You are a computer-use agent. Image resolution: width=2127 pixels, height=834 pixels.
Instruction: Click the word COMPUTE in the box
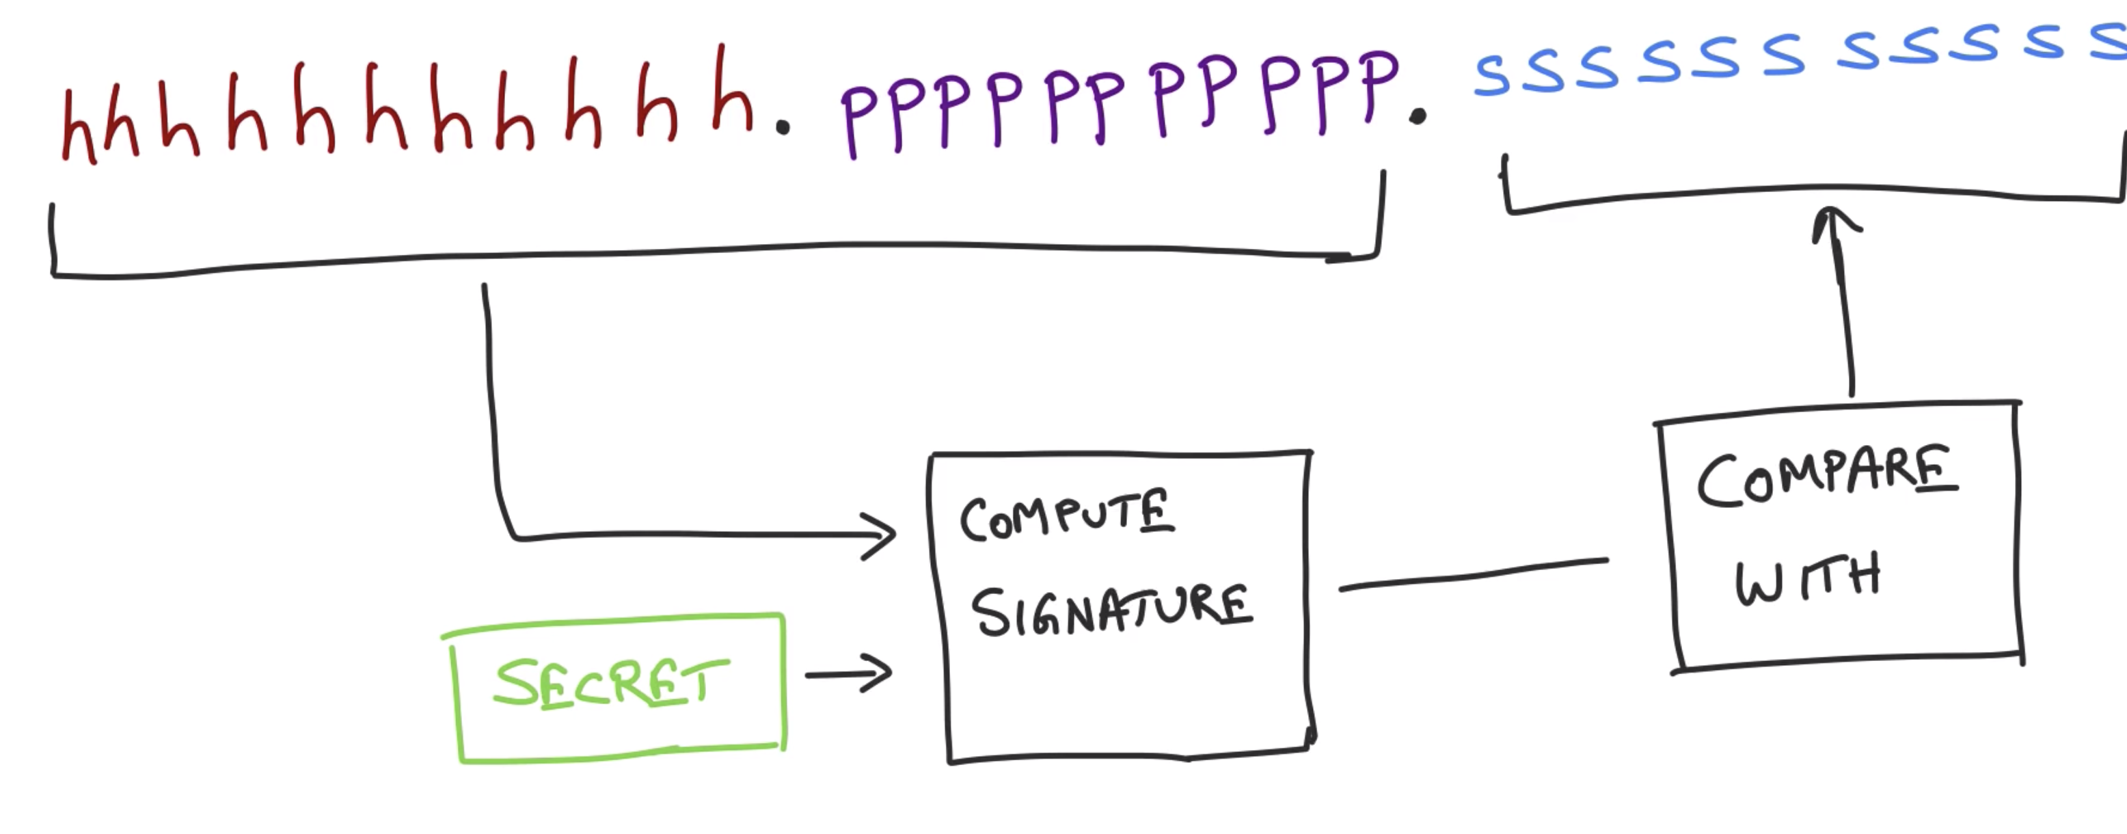pos(1065,516)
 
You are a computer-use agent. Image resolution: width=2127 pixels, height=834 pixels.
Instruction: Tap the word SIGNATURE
pos(1111,611)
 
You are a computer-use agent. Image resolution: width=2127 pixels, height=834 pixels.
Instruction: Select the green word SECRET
pos(611,684)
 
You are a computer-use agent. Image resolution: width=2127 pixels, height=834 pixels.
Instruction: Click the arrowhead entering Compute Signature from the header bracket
pos(880,535)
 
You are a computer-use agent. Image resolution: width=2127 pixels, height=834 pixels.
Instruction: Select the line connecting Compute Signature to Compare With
pos(1473,574)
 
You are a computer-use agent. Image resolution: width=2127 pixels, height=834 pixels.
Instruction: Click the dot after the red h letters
pos(783,127)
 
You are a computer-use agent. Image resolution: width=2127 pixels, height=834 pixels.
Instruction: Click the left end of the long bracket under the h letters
pos(53,239)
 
